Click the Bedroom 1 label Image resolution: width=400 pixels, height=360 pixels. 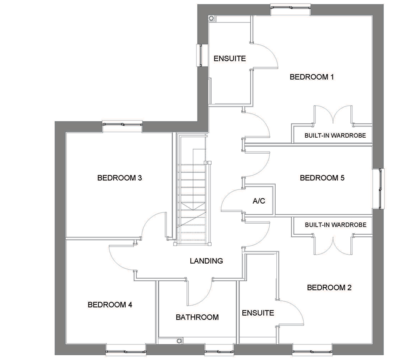312,77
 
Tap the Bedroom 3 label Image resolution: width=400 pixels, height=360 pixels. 119,178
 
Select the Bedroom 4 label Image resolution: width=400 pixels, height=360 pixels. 110,304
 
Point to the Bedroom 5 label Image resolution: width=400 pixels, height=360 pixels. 322,178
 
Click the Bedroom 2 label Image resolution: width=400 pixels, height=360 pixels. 329,288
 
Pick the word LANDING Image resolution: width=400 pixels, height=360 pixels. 206,261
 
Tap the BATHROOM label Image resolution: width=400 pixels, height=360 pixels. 197,317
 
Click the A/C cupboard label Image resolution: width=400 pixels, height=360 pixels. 259,201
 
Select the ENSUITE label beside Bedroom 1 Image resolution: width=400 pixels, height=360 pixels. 230,58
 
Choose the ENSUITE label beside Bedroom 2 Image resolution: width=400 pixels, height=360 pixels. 258,313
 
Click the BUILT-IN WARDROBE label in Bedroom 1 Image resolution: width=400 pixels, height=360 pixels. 335,136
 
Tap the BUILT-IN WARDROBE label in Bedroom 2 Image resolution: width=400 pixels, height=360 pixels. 336,225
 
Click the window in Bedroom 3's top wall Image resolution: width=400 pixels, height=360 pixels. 122,124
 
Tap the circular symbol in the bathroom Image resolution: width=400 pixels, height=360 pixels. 179,341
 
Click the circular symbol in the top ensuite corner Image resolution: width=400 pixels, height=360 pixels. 211,18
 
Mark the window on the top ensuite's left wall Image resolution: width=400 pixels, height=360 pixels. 201,55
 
